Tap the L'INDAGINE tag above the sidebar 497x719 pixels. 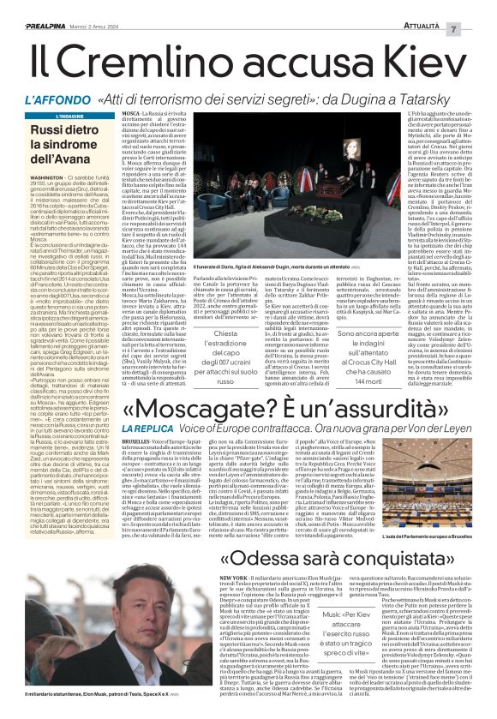pos(57,114)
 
